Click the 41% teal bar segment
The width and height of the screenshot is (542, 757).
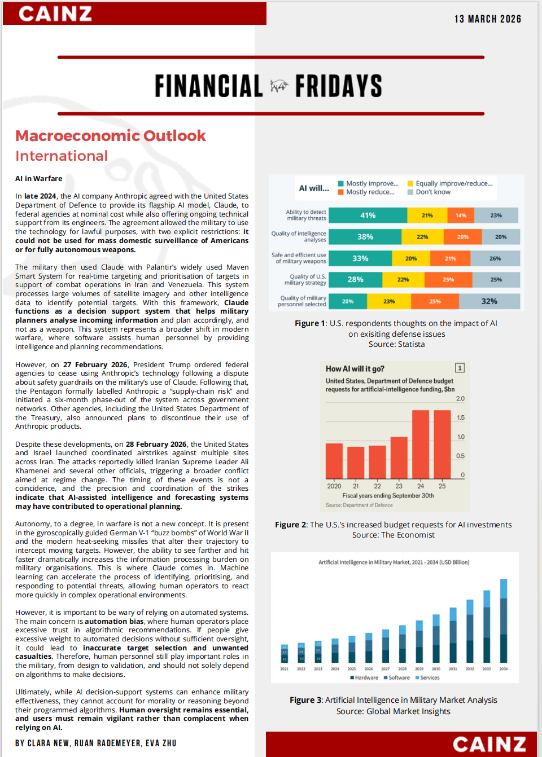368,215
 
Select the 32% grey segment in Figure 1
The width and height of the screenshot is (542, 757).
489,301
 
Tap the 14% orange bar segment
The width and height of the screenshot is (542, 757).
461,215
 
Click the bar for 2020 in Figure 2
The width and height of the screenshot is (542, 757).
334,460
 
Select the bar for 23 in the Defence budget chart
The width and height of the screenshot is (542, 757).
399,457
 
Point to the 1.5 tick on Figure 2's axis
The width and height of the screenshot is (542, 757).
461,418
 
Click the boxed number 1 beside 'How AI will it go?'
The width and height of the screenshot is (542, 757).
460,368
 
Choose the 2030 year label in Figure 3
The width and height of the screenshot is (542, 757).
436,669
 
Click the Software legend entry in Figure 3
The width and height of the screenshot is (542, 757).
397,678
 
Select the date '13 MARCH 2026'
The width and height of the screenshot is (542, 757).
488,19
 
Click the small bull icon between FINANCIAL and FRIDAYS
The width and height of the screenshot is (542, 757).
279,86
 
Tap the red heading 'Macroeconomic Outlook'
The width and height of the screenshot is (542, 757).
111,136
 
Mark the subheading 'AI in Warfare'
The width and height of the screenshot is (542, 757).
39,179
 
